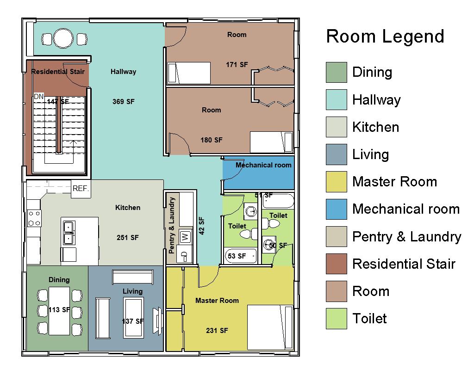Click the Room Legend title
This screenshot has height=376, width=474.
click(x=385, y=37)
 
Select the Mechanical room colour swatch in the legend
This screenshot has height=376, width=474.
click(x=336, y=209)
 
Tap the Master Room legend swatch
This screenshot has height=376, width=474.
click(x=336, y=182)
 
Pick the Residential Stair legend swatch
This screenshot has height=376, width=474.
click(x=336, y=264)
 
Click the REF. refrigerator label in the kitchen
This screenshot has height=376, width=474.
click(x=81, y=189)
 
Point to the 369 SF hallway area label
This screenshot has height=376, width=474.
click(x=124, y=102)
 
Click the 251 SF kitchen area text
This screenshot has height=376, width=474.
click(x=127, y=238)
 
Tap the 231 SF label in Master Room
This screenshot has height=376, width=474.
click(x=217, y=331)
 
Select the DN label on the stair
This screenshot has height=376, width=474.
click(x=38, y=97)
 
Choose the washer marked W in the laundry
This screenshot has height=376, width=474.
click(x=185, y=237)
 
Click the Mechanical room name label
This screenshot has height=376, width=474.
click(x=263, y=165)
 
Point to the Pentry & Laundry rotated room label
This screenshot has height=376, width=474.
click(x=172, y=226)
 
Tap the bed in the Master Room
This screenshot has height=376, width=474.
click(x=270, y=327)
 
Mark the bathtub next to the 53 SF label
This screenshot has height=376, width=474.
click(x=241, y=255)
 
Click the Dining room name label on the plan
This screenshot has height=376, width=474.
click(x=59, y=280)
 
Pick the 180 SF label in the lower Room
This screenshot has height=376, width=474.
click(x=212, y=140)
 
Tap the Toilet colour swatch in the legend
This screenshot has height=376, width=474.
click(x=336, y=319)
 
